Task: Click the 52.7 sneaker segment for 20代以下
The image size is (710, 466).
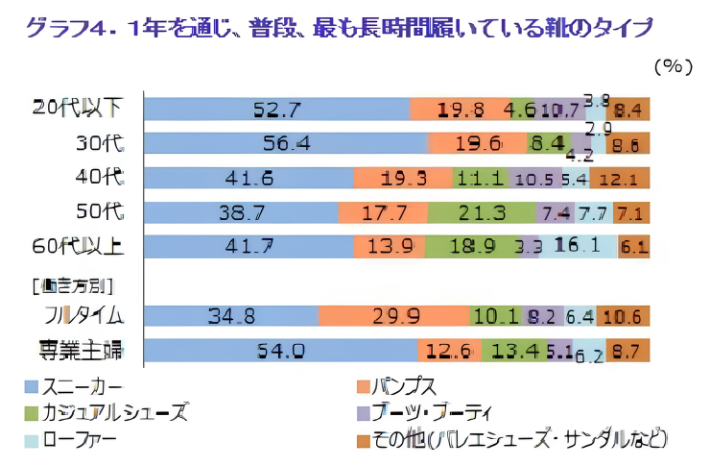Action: coord(276,110)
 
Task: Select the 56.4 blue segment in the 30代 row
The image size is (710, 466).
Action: coord(286,143)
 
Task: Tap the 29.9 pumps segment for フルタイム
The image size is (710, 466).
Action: coord(393,314)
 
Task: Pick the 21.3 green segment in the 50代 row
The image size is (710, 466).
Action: coord(470,211)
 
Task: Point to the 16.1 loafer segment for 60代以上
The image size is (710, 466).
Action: coord(577,246)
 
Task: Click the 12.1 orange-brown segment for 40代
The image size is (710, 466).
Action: coord(619,178)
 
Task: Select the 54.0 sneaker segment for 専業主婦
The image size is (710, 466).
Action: coord(280,351)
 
